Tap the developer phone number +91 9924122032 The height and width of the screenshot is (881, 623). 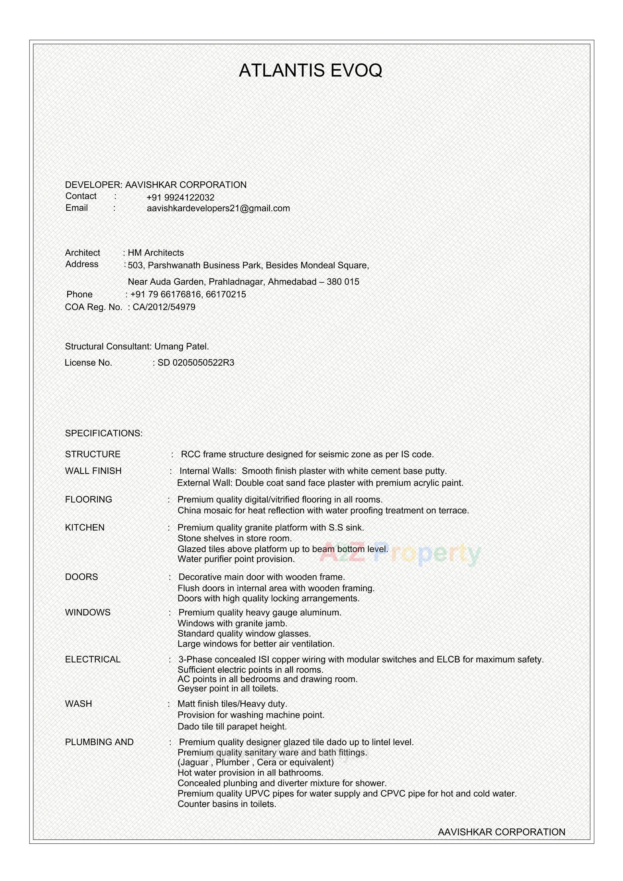click(x=180, y=198)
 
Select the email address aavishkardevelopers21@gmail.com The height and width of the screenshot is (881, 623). click(x=218, y=208)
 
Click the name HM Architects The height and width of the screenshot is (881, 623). click(x=156, y=253)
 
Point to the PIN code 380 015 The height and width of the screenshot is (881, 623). click(x=343, y=282)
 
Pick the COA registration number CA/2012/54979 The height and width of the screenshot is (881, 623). click(x=164, y=307)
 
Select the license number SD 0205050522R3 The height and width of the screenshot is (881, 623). click(x=196, y=362)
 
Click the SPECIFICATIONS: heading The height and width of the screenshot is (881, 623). click(x=104, y=433)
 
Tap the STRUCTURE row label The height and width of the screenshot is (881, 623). click(x=93, y=454)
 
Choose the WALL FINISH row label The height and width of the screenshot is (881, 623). click(x=93, y=471)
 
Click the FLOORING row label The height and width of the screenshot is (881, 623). click(x=89, y=500)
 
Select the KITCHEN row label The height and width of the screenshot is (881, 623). click(x=85, y=528)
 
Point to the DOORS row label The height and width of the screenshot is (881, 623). click(x=81, y=577)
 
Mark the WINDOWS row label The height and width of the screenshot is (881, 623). click(x=88, y=612)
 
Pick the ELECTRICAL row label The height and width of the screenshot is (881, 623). click(x=93, y=660)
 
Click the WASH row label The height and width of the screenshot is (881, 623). click(x=79, y=704)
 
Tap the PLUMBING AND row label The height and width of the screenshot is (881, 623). click(x=99, y=742)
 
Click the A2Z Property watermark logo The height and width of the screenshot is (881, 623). click(x=400, y=553)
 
